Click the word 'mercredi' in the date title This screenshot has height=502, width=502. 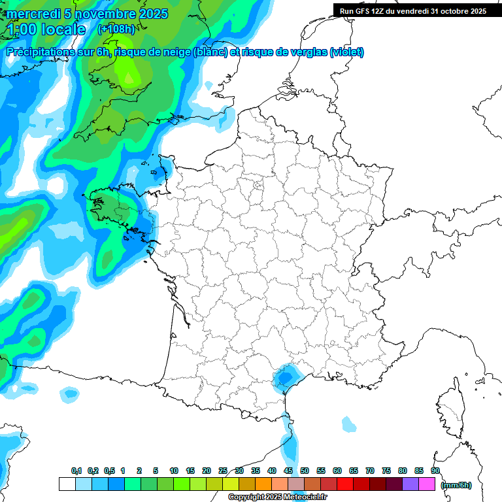click(33, 14)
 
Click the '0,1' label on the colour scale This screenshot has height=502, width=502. click(76, 471)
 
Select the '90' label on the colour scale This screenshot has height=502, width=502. click(435, 471)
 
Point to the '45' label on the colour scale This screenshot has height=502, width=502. click(288, 471)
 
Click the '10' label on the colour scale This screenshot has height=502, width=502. click(174, 471)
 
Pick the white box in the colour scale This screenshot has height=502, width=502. click(67, 484)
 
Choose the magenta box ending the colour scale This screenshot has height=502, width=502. click(427, 484)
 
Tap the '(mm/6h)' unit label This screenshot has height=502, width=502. click(456, 485)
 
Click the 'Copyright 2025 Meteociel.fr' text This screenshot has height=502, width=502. click(278, 497)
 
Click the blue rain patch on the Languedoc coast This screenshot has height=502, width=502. click(285, 378)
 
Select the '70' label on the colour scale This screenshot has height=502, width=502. click(370, 471)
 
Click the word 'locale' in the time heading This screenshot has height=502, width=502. click(62, 29)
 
